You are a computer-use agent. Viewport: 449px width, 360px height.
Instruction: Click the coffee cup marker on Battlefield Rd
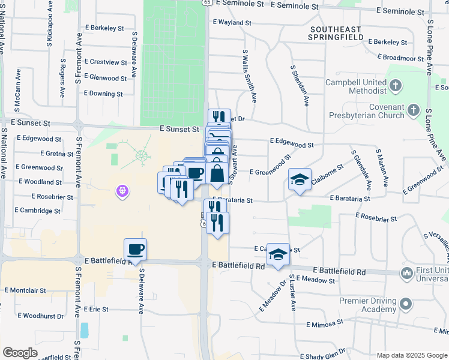click(136, 249)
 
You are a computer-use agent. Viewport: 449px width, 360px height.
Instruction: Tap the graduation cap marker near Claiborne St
click(300, 179)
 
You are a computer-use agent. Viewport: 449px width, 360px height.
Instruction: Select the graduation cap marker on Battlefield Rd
click(279, 254)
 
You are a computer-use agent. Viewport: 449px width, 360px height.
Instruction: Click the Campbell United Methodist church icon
click(395, 86)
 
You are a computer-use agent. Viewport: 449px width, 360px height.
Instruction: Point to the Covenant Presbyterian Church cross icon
click(413, 110)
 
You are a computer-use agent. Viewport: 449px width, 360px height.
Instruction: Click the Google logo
click(20, 353)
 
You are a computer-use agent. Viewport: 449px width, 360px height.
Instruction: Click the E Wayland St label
click(232, 22)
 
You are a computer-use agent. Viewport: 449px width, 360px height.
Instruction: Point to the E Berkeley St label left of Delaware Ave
click(104, 28)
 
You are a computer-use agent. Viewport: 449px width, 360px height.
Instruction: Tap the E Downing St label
click(103, 94)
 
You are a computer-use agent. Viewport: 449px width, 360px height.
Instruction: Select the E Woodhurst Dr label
click(43, 316)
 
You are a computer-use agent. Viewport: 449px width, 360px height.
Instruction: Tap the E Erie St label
click(96, 309)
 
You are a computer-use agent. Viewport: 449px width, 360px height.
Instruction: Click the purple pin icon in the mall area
click(122, 191)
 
